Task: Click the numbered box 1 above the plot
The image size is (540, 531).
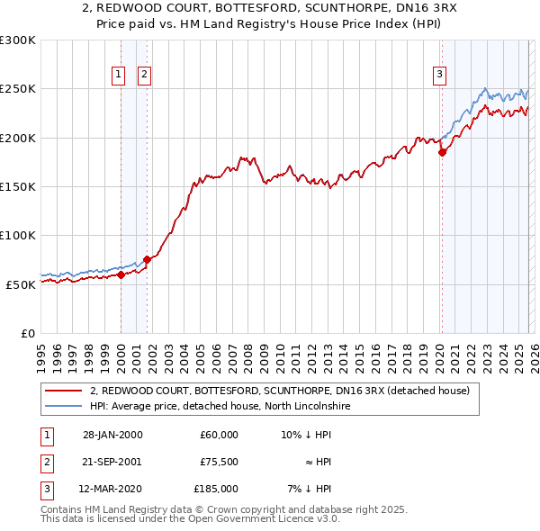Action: [x=119, y=75]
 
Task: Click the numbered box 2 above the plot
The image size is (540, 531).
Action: [x=144, y=75]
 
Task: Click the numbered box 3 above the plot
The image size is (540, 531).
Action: [x=439, y=75]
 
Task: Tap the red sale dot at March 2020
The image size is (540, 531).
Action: [x=442, y=153]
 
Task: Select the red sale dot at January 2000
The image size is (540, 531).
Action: [x=121, y=274]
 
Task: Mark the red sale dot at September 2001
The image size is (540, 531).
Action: [x=147, y=259]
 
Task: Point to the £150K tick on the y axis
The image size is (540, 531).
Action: [x=18, y=186]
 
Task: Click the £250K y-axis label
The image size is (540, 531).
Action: [x=18, y=89]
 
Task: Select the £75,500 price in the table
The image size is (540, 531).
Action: [x=219, y=462]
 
